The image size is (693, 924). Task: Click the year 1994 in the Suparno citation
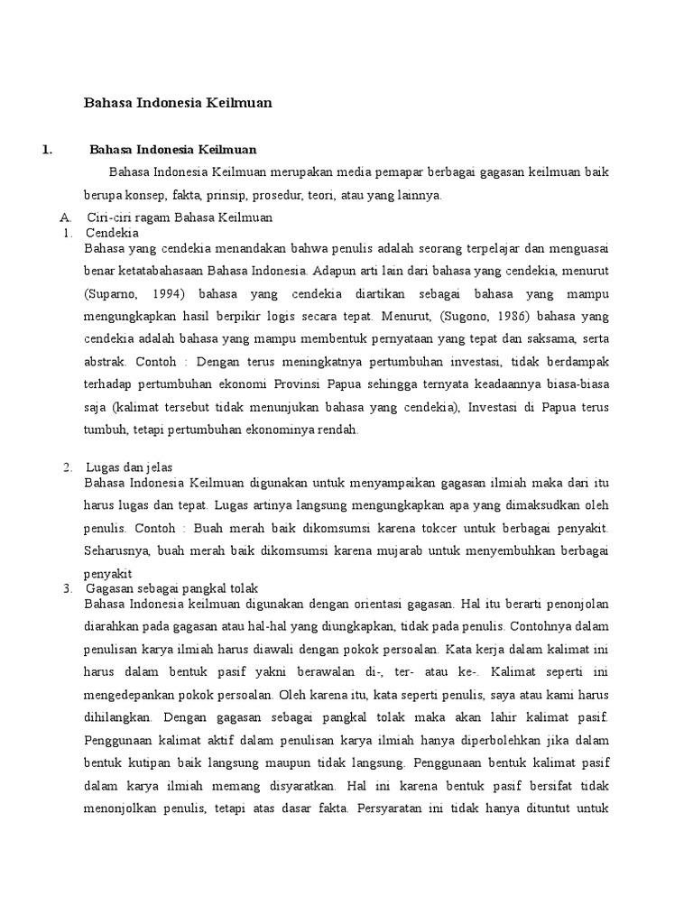tap(170, 295)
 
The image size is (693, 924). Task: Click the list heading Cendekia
tap(108, 232)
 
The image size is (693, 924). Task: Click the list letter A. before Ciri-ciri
tap(65, 217)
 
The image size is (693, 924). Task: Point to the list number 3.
tap(68, 587)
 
